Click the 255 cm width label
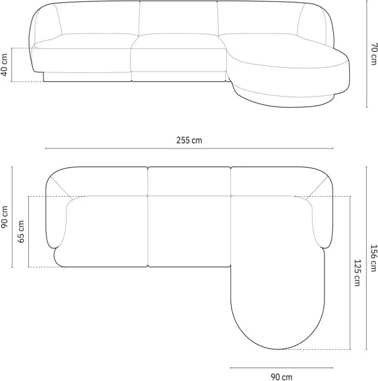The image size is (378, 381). point(189,140)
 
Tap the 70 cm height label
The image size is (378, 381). point(374,54)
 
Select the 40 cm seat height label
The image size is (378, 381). point(4,65)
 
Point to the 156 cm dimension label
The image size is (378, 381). point(374,258)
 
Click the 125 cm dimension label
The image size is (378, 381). point(357,273)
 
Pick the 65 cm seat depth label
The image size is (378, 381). point(21,231)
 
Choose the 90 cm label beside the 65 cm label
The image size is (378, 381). point(4,217)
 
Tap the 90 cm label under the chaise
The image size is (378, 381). point(282,377)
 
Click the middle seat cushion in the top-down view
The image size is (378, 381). point(189,231)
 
